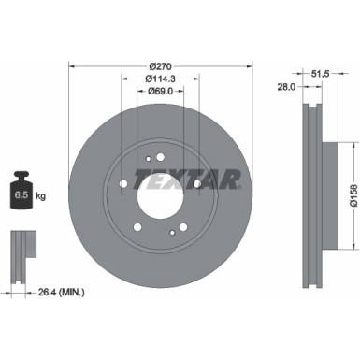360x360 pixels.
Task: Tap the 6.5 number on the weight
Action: (20, 197)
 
